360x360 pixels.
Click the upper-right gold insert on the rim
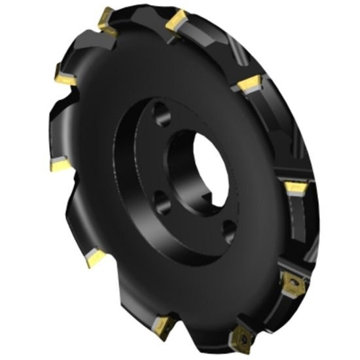point(249,83)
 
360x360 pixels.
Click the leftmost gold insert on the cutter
point(56,164)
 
